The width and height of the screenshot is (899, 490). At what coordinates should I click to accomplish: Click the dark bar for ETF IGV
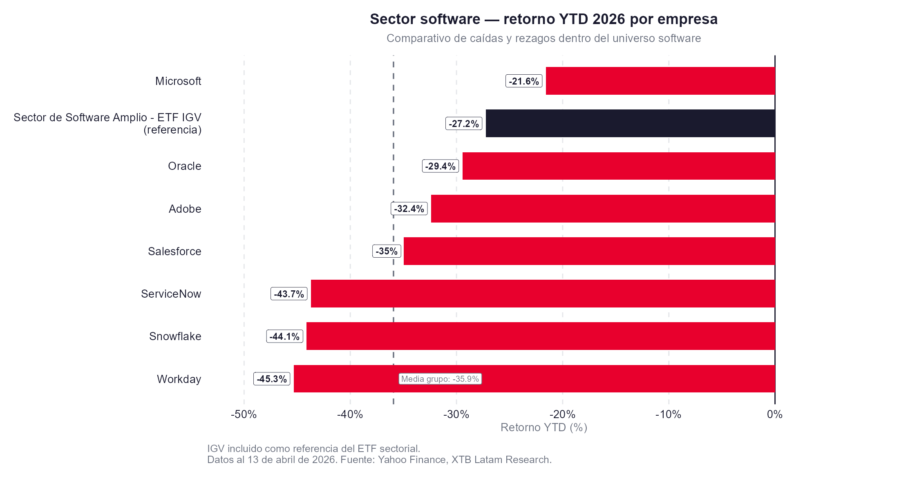630,123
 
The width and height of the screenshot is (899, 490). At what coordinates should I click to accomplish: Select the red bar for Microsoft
660,81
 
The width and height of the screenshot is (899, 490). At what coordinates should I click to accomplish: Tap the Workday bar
572,379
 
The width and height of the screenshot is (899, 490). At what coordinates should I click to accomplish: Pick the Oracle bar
619,166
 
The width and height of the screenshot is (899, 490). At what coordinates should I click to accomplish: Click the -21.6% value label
524,81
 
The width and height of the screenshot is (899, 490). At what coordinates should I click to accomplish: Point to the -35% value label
387,251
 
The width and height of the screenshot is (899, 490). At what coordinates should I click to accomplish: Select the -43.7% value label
289,294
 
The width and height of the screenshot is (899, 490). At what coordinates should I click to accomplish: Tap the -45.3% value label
272,379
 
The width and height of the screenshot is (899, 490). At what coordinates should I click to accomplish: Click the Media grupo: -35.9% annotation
440,379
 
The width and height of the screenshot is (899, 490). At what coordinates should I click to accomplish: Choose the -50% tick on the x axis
244,414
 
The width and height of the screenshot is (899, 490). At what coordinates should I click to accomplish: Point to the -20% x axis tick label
562,414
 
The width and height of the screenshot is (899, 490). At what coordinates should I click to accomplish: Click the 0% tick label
774,414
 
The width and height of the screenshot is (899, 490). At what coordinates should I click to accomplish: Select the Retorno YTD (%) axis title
544,428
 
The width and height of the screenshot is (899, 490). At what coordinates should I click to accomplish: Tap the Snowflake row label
175,336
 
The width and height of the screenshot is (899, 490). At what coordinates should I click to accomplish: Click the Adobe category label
185,209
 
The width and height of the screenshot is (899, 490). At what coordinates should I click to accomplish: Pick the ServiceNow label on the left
171,294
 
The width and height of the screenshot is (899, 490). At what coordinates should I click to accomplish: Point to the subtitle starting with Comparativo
543,38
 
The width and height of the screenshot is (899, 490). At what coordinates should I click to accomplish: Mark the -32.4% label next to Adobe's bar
409,209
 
